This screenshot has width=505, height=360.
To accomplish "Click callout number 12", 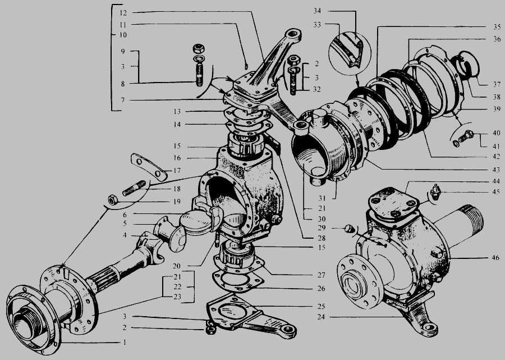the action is pos(123,13).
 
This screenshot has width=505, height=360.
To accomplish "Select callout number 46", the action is pos(495,257).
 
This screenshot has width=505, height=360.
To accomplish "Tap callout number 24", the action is pos(321,317).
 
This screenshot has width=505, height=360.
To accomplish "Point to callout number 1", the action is pos(125,342).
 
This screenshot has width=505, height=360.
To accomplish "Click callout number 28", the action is pos(322,238).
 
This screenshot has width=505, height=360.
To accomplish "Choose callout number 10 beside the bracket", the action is pos(123,34).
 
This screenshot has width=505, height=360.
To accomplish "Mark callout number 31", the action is pos(322,198).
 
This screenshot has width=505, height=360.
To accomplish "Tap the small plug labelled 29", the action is pos(348,229).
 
